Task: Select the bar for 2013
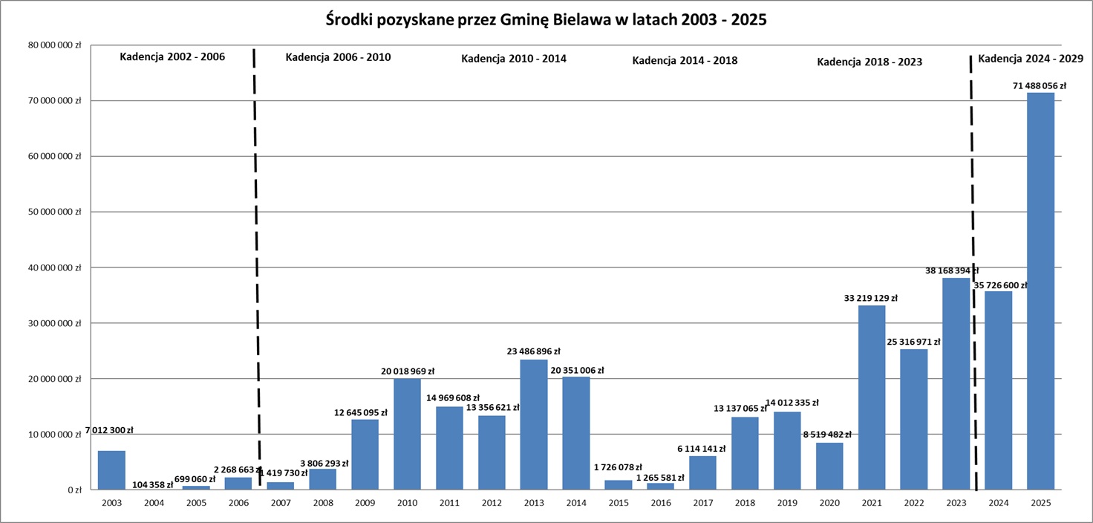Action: point(533,424)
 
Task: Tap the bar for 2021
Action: point(871,397)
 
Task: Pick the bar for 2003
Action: point(111,470)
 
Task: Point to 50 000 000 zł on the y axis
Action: point(56,212)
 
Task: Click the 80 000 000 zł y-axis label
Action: point(56,45)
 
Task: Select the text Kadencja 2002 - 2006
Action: point(172,56)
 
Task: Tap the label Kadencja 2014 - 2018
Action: point(685,60)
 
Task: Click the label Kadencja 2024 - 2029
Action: point(1030,58)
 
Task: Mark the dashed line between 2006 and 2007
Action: point(256,267)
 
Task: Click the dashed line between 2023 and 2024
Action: point(973,267)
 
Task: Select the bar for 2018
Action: point(745,453)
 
